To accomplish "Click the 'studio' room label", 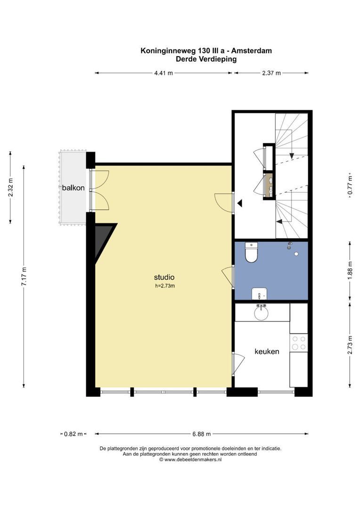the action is tap(164, 277).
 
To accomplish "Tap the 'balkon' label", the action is tap(74, 188).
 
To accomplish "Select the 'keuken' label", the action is tap(267, 351).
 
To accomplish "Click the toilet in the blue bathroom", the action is tap(251, 252).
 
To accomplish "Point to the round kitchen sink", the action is tap(262, 312).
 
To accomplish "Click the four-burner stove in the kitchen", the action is tap(299, 343).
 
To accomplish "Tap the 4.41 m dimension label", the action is tap(164, 73).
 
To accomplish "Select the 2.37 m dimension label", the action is tap(271, 73).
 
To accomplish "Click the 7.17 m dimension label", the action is tap(24, 276).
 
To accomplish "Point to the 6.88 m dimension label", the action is tap(201, 434).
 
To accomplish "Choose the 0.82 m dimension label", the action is tap(74, 434).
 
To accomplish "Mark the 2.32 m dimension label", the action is tap(10, 187).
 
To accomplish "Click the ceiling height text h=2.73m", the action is tap(165, 286).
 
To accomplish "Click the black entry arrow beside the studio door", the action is tap(240, 203).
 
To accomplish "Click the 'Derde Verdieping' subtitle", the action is tap(206, 59).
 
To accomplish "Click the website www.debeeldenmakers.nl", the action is tap(193, 460).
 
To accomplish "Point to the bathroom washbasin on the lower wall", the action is tap(259, 294).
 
